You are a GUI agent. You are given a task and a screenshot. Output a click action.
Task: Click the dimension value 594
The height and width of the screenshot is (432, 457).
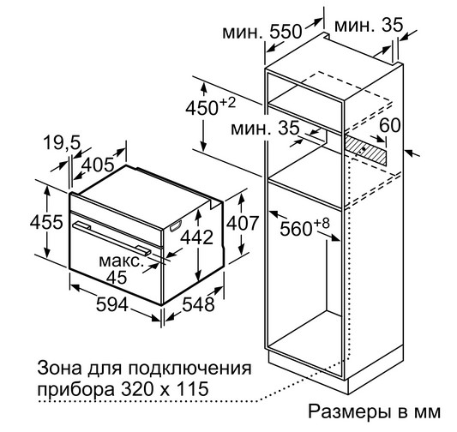tap(112, 304)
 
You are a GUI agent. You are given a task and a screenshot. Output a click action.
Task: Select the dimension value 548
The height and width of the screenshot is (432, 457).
tap(198, 304)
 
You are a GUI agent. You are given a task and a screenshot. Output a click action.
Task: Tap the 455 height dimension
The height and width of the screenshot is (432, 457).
tap(46, 222)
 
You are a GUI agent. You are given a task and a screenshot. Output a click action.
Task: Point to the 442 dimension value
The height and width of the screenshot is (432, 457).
tap(196, 237)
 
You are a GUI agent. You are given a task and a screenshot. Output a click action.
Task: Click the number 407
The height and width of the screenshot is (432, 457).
tap(243, 224)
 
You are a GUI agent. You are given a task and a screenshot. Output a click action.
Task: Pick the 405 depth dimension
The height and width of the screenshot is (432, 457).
tap(98, 165)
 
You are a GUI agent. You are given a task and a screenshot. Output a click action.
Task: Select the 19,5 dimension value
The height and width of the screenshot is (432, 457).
tap(62, 143)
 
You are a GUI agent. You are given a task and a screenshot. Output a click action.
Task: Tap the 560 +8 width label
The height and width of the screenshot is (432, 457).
tap(304, 226)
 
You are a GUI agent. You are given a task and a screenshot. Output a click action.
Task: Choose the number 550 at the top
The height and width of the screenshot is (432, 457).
tap(286, 32)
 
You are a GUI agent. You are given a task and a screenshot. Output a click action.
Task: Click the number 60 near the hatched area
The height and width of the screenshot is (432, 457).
tap(390, 125)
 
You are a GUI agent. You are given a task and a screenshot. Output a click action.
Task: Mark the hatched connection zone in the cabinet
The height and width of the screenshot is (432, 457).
tap(366, 151)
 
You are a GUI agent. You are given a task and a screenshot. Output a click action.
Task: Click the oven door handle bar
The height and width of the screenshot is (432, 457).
tap(112, 237)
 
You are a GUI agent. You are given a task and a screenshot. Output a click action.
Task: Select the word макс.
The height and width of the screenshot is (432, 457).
tap(122, 261)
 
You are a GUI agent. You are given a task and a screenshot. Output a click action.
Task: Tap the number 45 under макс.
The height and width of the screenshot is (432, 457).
tap(117, 277)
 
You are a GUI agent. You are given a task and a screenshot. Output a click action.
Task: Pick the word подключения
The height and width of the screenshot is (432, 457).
tap(189, 369)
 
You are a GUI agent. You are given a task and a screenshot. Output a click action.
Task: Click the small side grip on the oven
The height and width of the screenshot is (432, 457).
tap(176, 226)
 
